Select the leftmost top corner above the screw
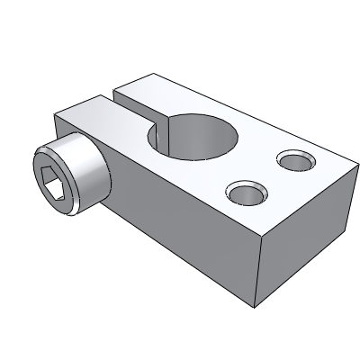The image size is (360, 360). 56,115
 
